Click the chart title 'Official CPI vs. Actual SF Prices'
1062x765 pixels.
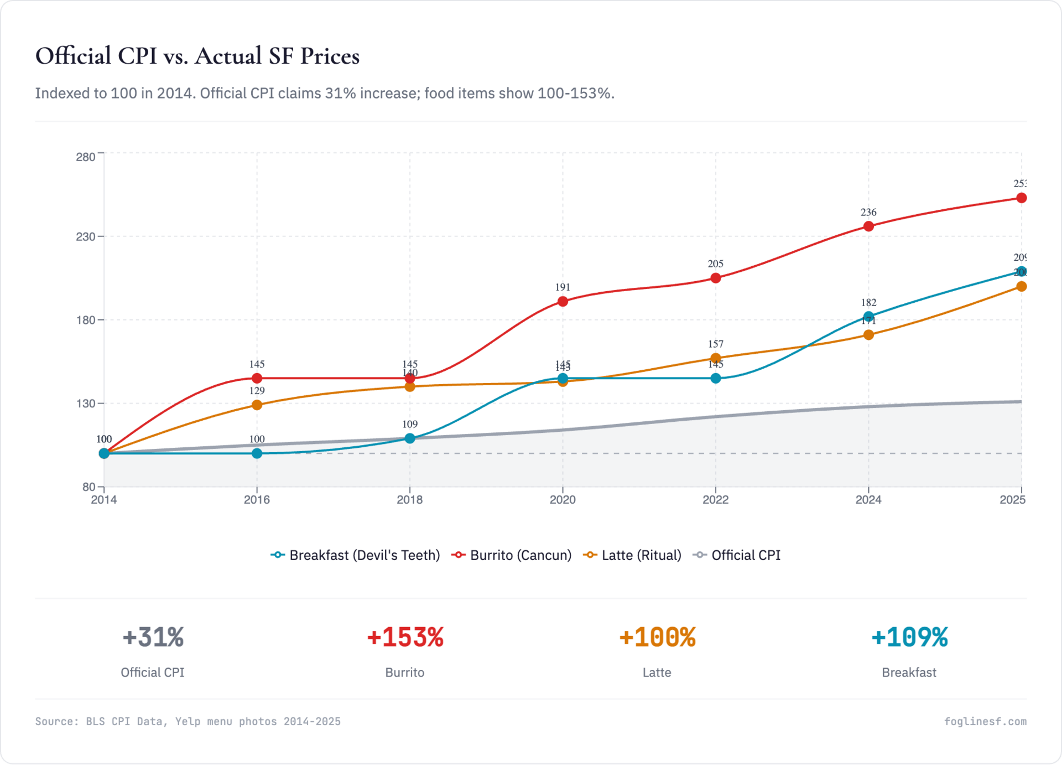coord(197,56)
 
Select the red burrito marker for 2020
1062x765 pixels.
coord(563,302)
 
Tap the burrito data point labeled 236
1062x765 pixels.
coord(868,226)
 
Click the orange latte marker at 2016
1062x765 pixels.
coord(257,405)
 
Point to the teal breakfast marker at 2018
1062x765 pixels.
coord(410,438)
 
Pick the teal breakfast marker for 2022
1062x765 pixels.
coord(716,379)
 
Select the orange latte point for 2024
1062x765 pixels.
coord(868,335)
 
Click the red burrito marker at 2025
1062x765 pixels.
coord(1021,198)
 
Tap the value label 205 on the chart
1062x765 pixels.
coord(716,264)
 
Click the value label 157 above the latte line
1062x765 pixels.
coord(716,344)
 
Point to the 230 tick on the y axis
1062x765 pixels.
coord(86,237)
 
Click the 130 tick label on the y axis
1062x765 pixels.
coord(86,404)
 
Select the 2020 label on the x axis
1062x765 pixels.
coord(563,500)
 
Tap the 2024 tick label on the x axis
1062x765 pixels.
coord(868,500)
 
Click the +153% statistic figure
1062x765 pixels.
coord(405,637)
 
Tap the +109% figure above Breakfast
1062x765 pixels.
coord(909,637)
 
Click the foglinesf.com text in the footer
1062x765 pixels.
coord(985,721)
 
